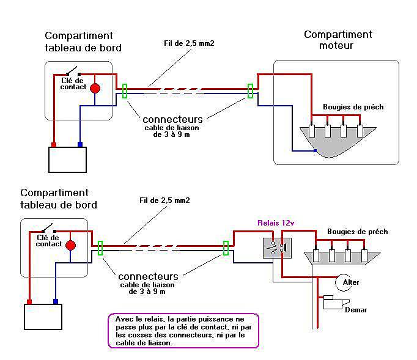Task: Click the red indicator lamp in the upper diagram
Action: [x=95, y=88]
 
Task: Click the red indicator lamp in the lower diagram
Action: [x=70, y=246]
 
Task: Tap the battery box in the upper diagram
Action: [x=67, y=160]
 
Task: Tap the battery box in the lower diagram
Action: [x=43, y=317]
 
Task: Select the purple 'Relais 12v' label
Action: [x=276, y=223]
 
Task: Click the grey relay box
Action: [x=277, y=248]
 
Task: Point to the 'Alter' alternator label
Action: [x=351, y=282]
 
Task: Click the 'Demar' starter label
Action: [x=356, y=310]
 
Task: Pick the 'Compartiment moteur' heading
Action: [x=338, y=40]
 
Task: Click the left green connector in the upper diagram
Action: [x=125, y=91]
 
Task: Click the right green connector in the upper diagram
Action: [x=250, y=91]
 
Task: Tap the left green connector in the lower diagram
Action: [x=100, y=248]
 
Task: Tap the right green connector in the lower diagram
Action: [x=226, y=248]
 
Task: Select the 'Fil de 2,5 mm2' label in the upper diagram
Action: [x=189, y=43]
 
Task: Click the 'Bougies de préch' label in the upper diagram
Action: [x=353, y=107]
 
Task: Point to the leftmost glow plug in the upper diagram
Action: [x=312, y=131]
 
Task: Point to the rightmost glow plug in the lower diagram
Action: [x=364, y=255]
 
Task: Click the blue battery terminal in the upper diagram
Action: [x=79, y=144]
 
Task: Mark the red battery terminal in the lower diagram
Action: [x=29, y=302]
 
